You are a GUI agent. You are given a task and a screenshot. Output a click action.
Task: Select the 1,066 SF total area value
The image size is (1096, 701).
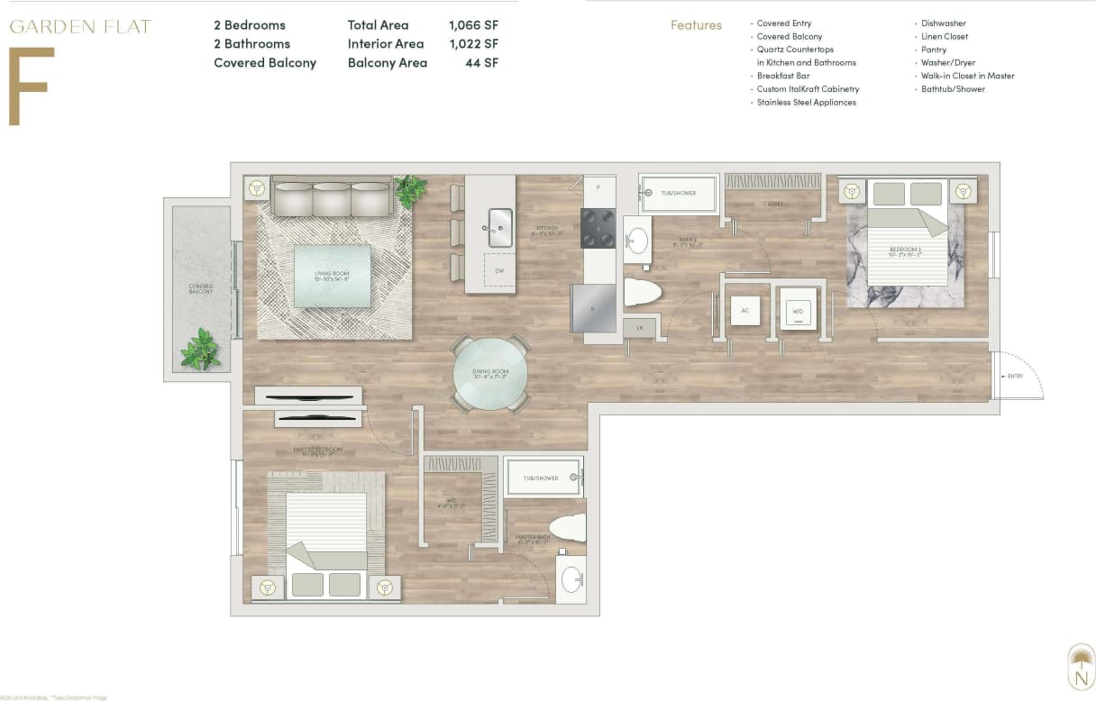[x=473, y=25]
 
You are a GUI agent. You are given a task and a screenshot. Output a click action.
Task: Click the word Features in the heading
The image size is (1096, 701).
[x=696, y=25]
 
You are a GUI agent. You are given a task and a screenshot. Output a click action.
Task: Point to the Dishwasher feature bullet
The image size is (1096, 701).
[x=943, y=23]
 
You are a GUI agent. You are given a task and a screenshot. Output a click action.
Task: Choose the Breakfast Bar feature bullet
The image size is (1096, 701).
[x=782, y=76]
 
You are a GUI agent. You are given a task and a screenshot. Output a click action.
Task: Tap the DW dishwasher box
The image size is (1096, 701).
[x=498, y=270]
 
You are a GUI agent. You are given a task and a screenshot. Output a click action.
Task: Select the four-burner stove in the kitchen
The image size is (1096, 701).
[x=598, y=228]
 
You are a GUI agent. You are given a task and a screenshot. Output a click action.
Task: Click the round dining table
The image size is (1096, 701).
[x=490, y=373]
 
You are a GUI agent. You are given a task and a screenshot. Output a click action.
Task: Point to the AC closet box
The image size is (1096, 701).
[x=744, y=310]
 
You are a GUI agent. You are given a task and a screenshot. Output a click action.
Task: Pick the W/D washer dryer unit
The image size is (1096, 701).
[x=798, y=311]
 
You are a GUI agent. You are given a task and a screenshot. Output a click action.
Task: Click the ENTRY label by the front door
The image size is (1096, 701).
[x=1015, y=377]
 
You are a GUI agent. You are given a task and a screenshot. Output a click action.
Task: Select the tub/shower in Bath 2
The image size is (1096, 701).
[x=679, y=194]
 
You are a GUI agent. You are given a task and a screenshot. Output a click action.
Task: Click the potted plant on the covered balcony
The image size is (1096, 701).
[x=201, y=350]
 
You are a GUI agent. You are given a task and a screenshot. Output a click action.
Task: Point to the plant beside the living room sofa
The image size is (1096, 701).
[x=410, y=190]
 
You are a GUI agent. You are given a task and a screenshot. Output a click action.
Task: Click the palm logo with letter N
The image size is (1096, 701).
[x=1080, y=666]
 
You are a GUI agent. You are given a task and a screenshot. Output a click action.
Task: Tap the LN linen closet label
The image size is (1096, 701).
[x=640, y=328]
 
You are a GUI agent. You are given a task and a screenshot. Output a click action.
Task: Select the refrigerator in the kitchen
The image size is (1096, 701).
[x=593, y=308]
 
